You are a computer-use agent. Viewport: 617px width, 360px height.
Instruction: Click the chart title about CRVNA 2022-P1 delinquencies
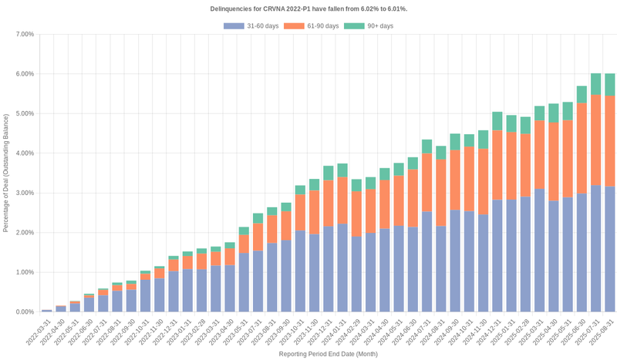coord(308,8)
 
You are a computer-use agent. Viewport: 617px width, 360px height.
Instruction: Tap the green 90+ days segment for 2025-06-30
coord(582,95)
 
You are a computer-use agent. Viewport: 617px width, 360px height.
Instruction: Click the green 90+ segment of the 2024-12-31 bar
coord(497,121)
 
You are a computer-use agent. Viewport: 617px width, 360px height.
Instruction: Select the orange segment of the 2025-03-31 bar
coord(539,154)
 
